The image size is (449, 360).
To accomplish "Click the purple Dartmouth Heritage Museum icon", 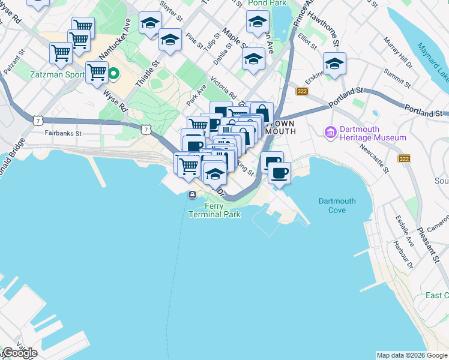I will coord(330,131).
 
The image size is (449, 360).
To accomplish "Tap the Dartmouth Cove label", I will coord(337,206).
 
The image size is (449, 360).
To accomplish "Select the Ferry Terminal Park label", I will coord(214,211).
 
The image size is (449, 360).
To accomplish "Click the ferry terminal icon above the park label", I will coord(192,194).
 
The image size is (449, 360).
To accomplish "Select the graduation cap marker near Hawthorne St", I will coord(334,63).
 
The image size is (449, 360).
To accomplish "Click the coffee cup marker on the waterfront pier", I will coord(279,173).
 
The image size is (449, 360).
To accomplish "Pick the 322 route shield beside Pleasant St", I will coord(404,158).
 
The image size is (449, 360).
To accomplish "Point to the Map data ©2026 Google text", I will coord(412,355).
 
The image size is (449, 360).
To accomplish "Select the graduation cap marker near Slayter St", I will coord(149,23).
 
